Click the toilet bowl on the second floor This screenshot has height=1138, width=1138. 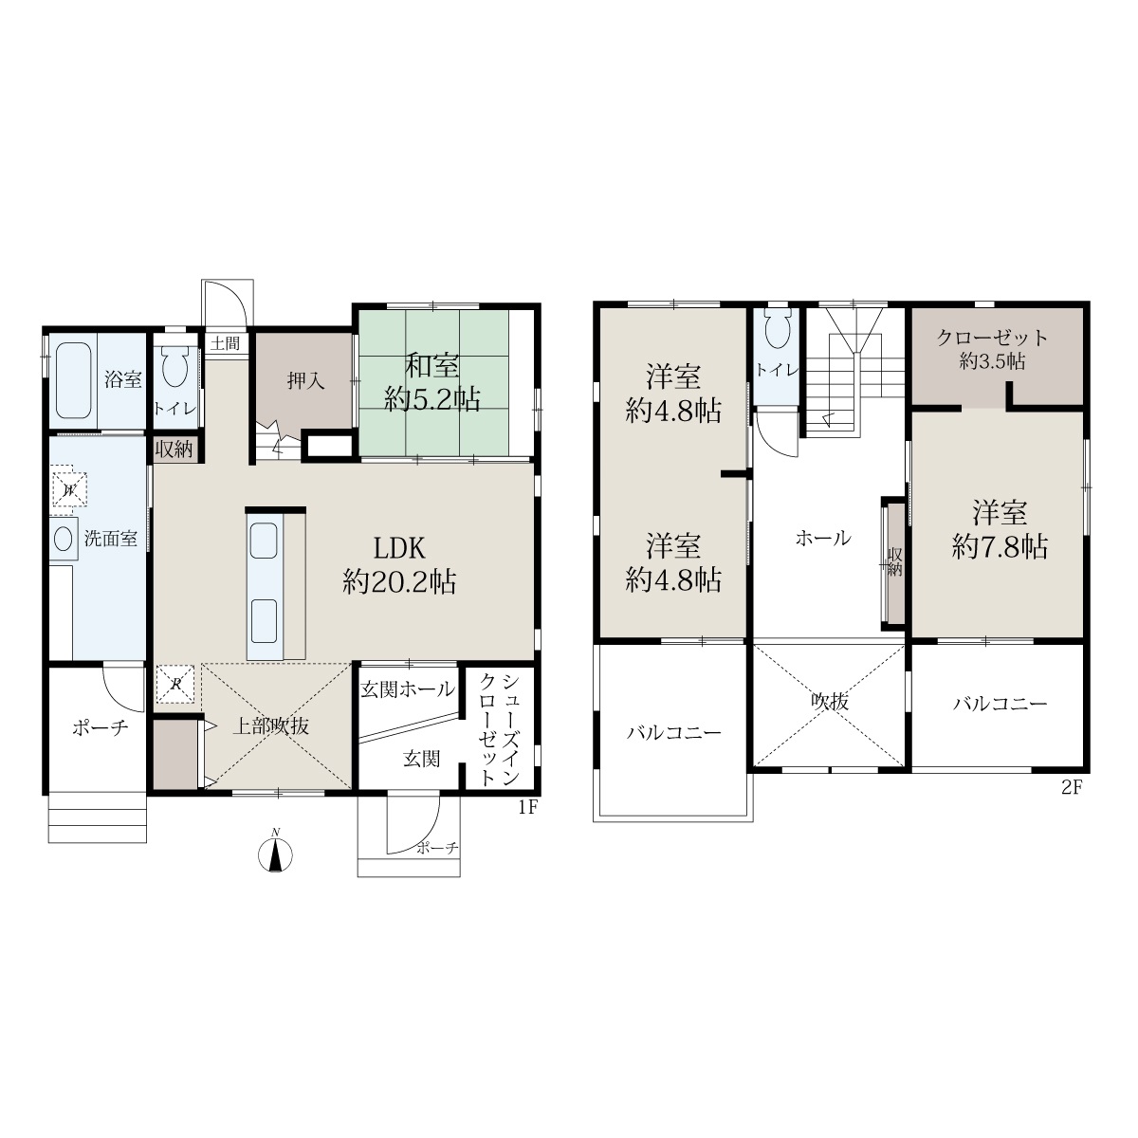(778, 331)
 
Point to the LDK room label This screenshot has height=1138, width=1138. (399, 549)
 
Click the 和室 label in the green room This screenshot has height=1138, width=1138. (431, 367)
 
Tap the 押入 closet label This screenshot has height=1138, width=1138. (306, 381)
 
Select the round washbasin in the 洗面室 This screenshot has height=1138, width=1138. (64, 540)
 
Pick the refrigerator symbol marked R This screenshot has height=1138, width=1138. (175, 685)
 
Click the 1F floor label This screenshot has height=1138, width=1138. (528, 807)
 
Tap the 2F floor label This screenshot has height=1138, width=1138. (1072, 788)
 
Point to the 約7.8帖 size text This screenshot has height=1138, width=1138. (1000, 547)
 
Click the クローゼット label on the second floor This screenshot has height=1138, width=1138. (992, 338)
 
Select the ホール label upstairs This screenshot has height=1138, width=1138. (823, 538)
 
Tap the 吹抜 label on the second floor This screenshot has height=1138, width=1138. (829, 702)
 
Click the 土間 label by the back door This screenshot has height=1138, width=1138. (226, 343)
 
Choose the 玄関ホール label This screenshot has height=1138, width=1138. (408, 688)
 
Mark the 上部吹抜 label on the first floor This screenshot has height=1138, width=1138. (271, 726)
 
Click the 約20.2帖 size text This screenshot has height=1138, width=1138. (399, 583)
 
